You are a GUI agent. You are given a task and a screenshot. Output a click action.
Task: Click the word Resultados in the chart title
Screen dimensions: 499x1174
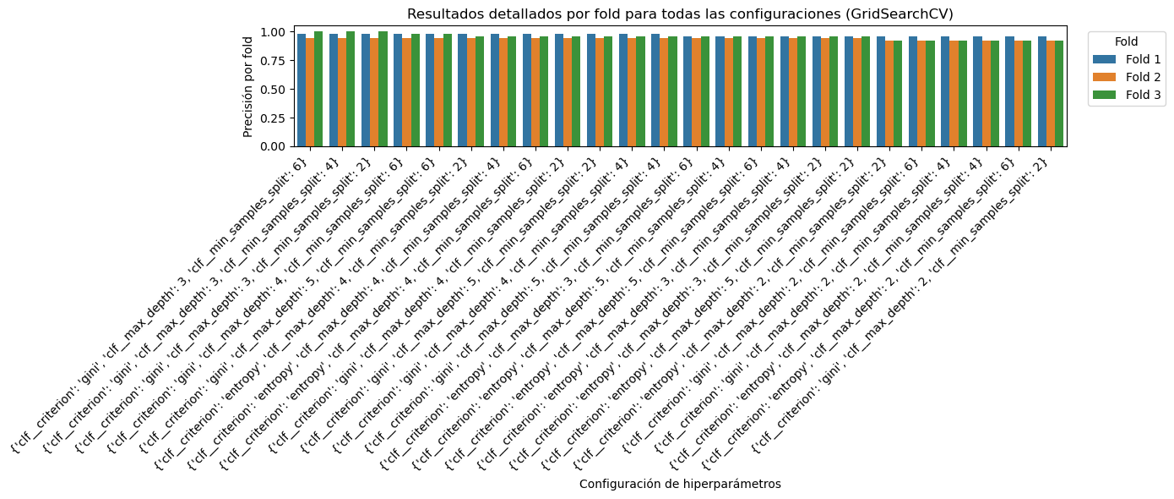[438, 14]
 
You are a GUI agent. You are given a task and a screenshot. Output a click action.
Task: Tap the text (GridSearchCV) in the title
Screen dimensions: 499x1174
[905, 14]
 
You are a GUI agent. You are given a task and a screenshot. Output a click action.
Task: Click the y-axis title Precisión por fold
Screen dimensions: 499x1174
[247, 86]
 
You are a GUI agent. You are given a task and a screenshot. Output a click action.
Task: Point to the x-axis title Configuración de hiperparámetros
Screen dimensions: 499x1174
[680, 484]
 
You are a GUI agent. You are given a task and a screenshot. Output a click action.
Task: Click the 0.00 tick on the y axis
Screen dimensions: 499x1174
[273, 146]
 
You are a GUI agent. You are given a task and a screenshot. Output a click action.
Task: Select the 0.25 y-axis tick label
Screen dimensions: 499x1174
[273, 118]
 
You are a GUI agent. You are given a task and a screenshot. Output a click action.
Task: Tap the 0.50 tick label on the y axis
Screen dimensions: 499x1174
[273, 89]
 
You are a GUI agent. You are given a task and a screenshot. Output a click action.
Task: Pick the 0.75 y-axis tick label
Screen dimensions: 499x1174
[273, 60]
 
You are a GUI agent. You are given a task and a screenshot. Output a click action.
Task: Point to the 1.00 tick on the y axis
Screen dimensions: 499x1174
[273, 32]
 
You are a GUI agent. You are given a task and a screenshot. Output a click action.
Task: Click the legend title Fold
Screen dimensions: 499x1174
[1126, 41]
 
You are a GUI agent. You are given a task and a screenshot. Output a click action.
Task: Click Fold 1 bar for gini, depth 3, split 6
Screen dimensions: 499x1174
[302, 90]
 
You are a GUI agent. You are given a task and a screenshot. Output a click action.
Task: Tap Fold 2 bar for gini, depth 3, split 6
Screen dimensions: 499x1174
[310, 92]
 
